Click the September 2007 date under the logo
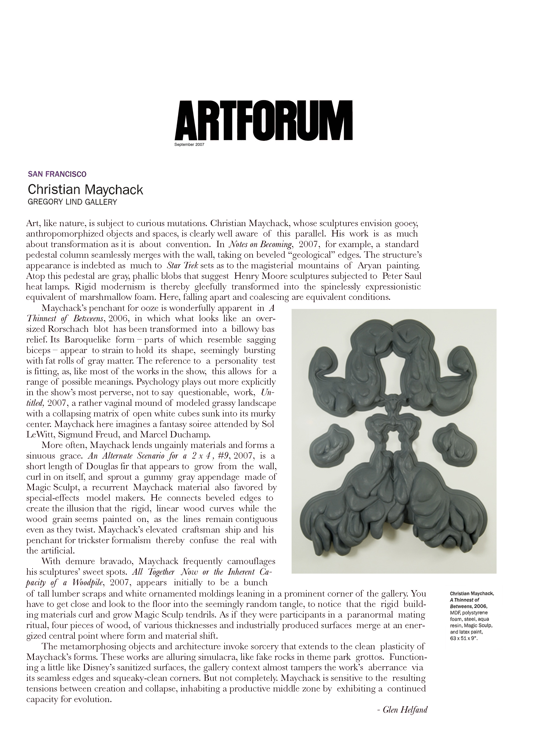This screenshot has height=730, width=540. click(189, 145)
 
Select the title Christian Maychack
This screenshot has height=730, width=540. click(85, 190)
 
